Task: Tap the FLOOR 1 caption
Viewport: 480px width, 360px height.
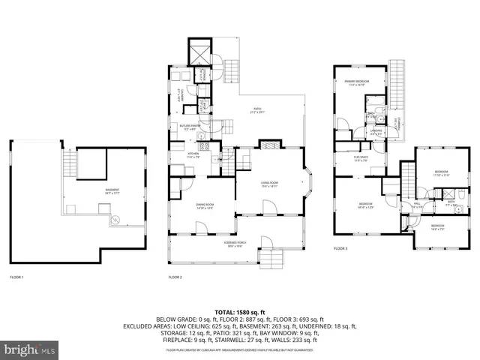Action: tap(16, 277)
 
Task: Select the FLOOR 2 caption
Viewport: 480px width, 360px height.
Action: tap(175, 277)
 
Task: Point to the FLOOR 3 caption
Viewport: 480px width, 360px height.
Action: tap(340, 248)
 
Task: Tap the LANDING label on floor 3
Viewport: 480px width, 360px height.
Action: tap(376, 132)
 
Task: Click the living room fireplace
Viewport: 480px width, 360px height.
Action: tap(268, 145)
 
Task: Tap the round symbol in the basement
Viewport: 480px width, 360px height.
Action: tap(115, 220)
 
